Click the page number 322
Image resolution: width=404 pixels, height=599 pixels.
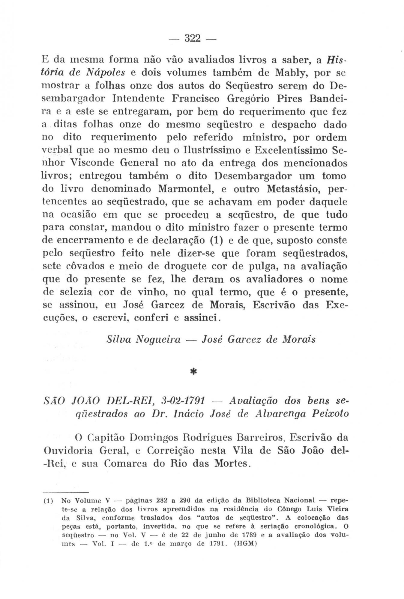click(x=192, y=38)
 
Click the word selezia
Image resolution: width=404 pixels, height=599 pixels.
click(x=76, y=292)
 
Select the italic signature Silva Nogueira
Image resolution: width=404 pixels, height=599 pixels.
click(x=143, y=339)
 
